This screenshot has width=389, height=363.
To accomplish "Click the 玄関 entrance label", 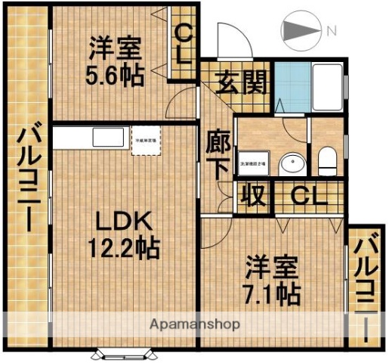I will pyautogui.click(x=243, y=81).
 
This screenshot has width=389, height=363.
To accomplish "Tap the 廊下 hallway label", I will pyautogui.click(x=218, y=155).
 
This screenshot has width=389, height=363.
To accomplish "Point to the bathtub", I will pyautogui.click(x=326, y=88).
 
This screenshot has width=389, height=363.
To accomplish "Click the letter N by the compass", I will pyautogui.click(x=331, y=31).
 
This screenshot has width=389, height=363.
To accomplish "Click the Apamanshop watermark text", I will pyautogui.click(x=195, y=324).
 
